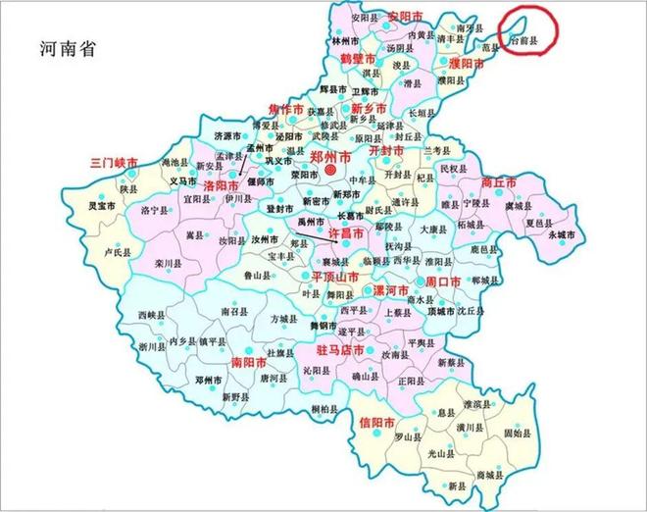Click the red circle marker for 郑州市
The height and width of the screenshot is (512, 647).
[x=331, y=171]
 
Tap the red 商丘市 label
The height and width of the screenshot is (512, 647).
[x=500, y=181]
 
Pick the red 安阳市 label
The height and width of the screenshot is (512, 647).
[x=404, y=17]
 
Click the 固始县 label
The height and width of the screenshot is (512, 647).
[x=518, y=433]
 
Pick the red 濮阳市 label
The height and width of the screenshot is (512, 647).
[x=468, y=63]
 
